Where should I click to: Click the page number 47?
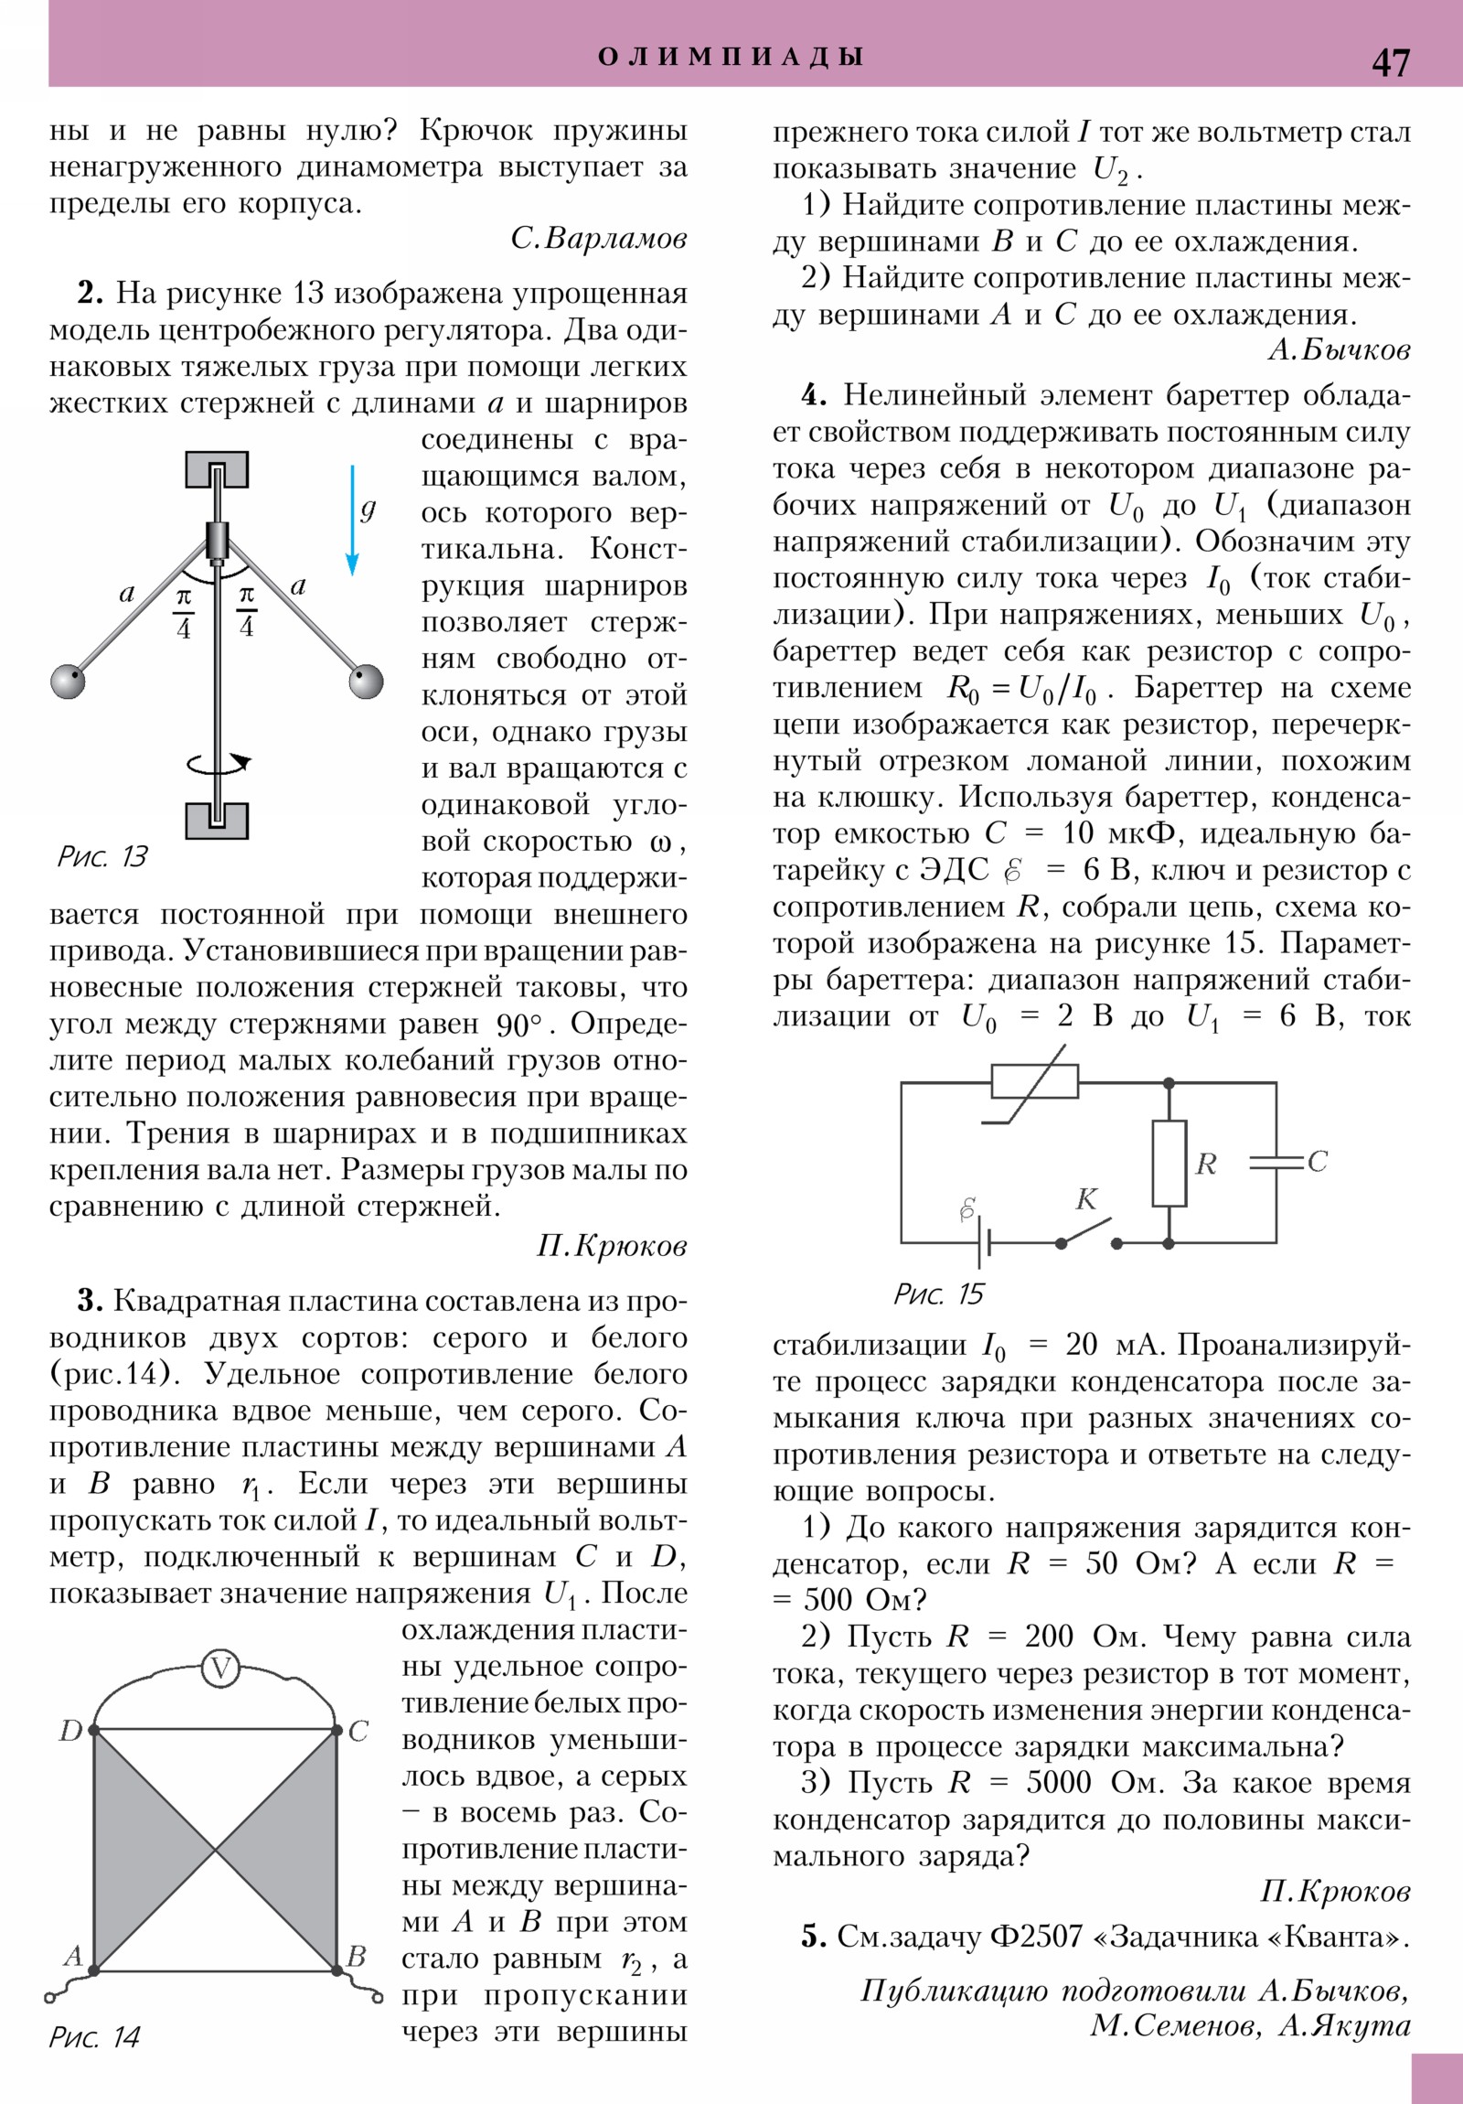click(x=1390, y=62)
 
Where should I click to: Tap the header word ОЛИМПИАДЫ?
click(x=731, y=57)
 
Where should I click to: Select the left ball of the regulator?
click(x=68, y=682)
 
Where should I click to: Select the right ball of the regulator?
click(x=367, y=682)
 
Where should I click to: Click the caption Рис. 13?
click(x=101, y=856)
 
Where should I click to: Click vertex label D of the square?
click(x=70, y=1731)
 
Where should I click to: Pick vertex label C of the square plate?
click(x=358, y=1731)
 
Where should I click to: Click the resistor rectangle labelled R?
click(x=1169, y=1163)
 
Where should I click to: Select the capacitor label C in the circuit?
click(x=1318, y=1161)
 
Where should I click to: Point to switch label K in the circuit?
click(x=1086, y=1198)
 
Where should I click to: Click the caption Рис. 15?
click(x=938, y=1294)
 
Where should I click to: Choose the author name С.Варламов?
click(x=599, y=238)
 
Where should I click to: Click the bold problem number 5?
click(x=813, y=1937)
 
